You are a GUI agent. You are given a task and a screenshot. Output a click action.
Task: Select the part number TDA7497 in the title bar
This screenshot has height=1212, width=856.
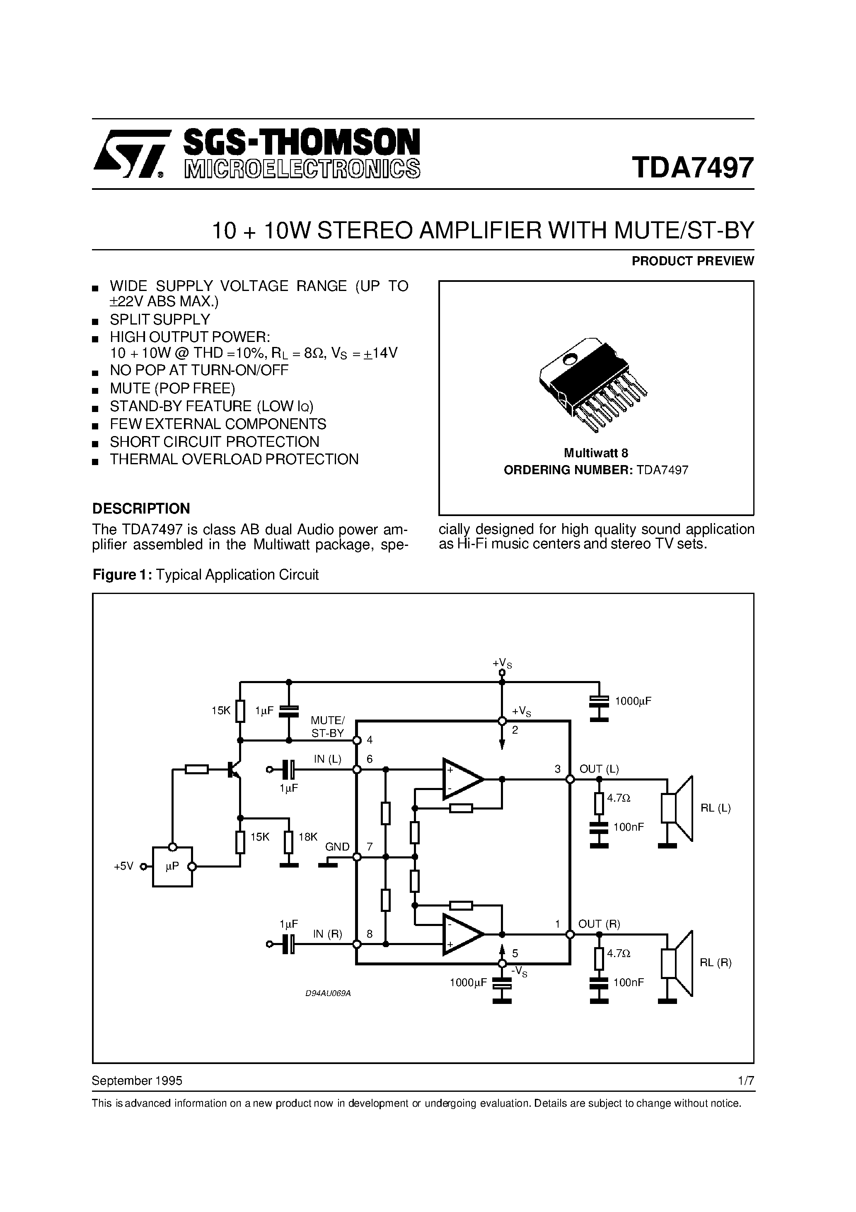(x=692, y=167)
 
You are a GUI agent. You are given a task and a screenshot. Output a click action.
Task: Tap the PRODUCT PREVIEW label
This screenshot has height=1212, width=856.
(x=692, y=261)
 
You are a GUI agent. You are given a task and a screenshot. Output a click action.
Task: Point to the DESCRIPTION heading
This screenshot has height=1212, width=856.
(x=141, y=508)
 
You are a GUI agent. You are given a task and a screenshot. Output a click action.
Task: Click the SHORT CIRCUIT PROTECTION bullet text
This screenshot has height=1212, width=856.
(x=214, y=442)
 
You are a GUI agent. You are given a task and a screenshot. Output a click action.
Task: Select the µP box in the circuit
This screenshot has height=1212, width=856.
(x=172, y=866)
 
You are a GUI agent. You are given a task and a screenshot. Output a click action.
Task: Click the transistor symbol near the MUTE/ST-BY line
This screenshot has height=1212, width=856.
(x=233, y=770)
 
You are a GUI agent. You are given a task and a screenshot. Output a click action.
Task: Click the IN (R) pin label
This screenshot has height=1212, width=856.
(x=327, y=933)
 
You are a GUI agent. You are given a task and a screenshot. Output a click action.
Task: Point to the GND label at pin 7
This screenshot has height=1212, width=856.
(x=337, y=847)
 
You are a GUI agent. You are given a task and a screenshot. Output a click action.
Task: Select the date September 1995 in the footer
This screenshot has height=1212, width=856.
(x=137, y=1081)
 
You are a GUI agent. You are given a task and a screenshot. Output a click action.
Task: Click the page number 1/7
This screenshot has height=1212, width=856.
(x=746, y=1081)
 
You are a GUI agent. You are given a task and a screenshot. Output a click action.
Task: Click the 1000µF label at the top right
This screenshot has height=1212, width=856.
(x=633, y=701)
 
